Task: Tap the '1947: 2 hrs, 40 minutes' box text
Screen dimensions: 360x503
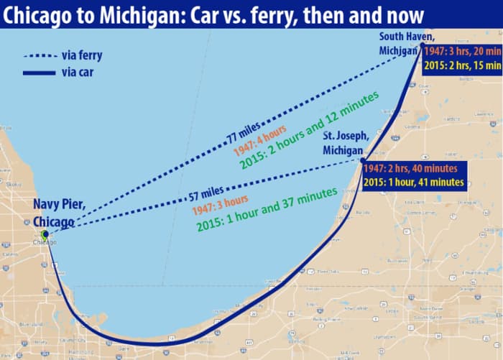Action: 415,169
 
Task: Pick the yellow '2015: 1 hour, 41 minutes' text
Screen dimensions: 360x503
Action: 413,183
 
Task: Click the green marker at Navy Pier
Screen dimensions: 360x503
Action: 45,234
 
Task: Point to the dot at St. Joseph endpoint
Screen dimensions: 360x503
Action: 363,160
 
